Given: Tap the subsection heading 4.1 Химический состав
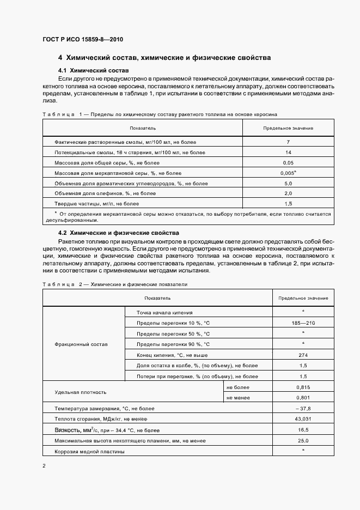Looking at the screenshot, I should pos(94,71).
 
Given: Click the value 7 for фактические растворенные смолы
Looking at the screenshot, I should pos(288,142).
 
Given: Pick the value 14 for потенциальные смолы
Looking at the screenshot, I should pos(288,152).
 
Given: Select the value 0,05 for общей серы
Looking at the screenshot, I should pos(288,162).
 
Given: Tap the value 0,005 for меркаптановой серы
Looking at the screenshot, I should pos(288,173).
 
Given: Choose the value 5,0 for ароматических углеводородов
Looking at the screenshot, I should pos(288,183).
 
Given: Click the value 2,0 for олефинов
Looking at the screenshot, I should pos(288,193).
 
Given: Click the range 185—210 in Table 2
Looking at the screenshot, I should pos(303,323).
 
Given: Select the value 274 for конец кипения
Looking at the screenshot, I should pos(303,354).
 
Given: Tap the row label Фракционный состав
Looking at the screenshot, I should pos(82,344).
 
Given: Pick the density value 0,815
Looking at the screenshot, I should pos(303,386).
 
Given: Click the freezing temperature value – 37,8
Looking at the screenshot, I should pos(303,408).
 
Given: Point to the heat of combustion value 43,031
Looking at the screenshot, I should pos(303,418).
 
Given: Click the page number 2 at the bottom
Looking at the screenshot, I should pos(44,466).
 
